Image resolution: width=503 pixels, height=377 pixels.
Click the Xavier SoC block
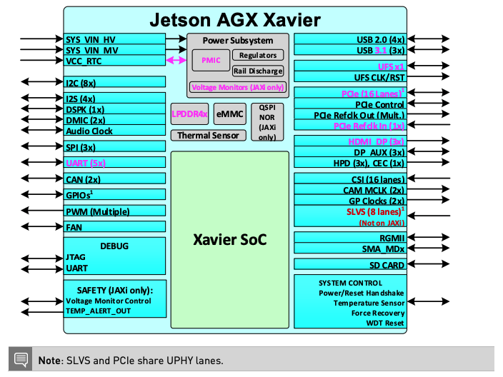229,239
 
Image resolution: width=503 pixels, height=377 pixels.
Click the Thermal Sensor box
208,135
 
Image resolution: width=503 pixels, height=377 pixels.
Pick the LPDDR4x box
189,113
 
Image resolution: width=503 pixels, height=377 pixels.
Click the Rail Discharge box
258,71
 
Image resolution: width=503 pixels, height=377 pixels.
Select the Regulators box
258,55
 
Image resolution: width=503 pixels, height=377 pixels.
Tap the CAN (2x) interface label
84,179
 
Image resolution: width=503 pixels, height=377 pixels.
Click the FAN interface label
74,227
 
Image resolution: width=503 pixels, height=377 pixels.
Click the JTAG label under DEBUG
76,258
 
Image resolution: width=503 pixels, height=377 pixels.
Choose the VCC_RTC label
84,61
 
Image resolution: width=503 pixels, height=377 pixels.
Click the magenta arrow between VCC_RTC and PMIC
176,61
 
